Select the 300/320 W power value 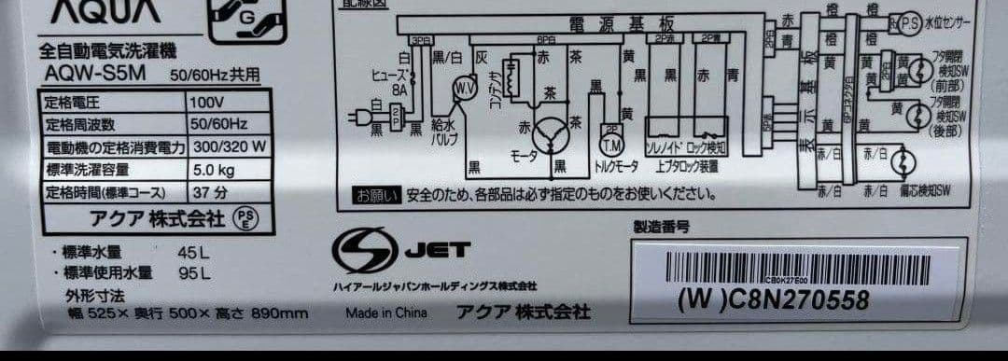tap(229, 146)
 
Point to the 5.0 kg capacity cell tap(212, 170)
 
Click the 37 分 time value tap(208, 193)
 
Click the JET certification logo tap(402, 249)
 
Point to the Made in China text tap(385, 313)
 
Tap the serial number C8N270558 tap(773, 300)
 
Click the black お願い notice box tap(375, 196)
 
